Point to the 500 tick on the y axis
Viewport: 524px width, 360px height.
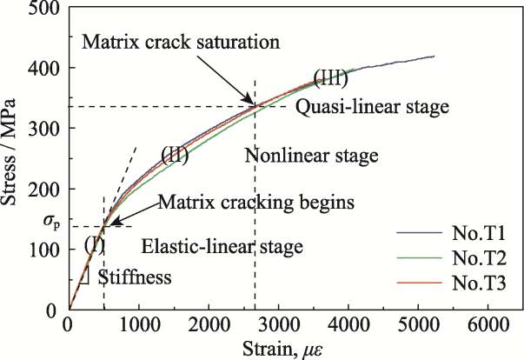click(47, 9)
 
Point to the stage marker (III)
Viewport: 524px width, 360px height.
click(329, 77)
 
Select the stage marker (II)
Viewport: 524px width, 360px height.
click(176, 156)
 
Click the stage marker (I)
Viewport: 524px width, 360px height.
click(94, 245)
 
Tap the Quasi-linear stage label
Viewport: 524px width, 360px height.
click(372, 108)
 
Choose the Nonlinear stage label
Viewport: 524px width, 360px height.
click(311, 157)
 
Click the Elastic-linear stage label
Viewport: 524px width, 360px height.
click(222, 246)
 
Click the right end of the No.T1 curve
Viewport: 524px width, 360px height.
click(434, 57)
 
